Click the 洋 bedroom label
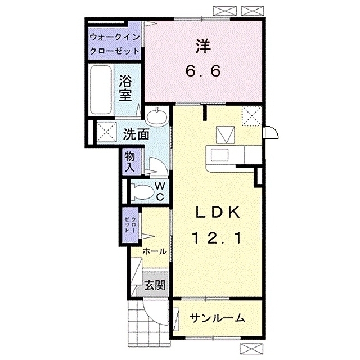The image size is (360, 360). pyautogui.click(x=204, y=47)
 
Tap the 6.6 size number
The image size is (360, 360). pyautogui.click(x=204, y=71)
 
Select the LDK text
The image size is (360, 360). pyautogui.click(x=218, y=213)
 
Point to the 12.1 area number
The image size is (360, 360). pyautogui.click(x=217, y=238)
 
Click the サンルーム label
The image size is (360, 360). pyautogui.click(x=217, y=318)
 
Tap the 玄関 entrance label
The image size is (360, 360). pyautogui.click(x=155, y=285)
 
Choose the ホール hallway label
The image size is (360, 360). pyautogui.click(x=154, y=251)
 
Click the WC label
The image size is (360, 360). pyautogui.click(x=160, y=191)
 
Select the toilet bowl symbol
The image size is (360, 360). pyautogui.click(x=142, y=192)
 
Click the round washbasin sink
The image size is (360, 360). pyautogui.click(x=157, y=116)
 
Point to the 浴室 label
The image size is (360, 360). pyautogui.click(x=125, y=88)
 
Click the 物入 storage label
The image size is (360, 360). pyautogui.click(x=130, y=162)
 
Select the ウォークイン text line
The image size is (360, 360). pyautogui.click(x=115, y=38)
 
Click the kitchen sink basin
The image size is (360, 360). pyautogui.click(x=219, y=155)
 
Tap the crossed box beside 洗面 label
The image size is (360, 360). pyautogui.click(x=106, y=133)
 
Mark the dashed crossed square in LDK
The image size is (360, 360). pyautogui.click(x=252, y=116)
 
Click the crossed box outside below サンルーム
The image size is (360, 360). pyautogui.click(x=251, y=349)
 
